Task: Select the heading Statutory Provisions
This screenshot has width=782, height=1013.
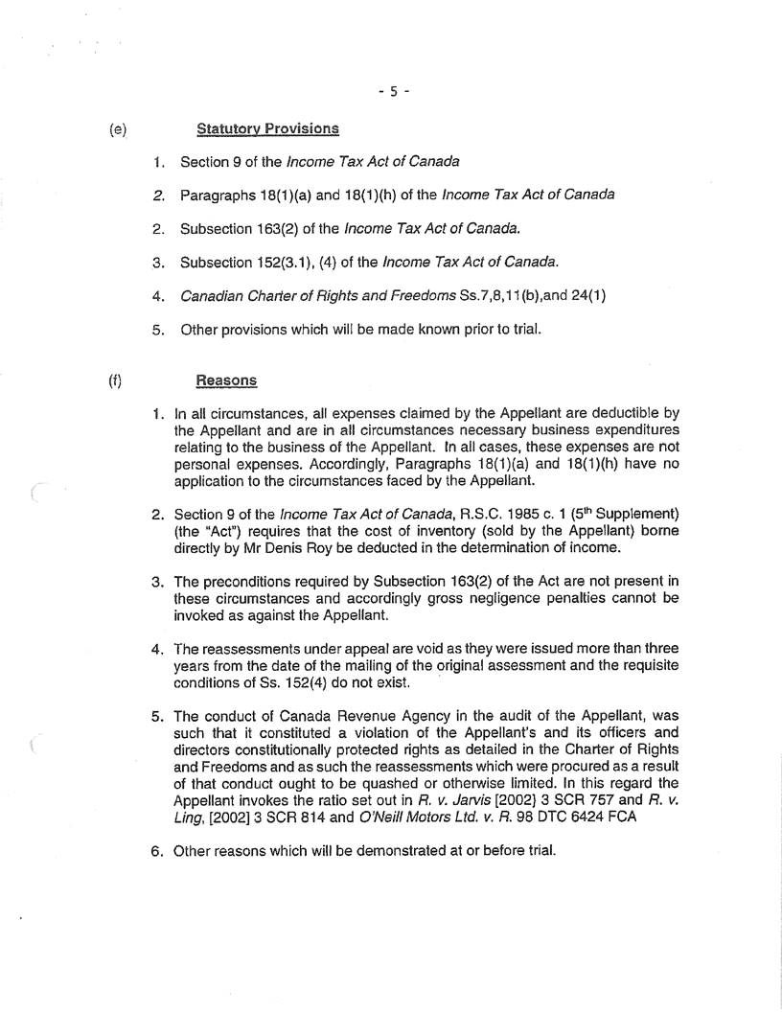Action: (x=267, y=127)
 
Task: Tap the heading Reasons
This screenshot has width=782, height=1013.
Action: (x=226, y=380)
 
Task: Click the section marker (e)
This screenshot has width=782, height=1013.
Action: (x=118, y=127)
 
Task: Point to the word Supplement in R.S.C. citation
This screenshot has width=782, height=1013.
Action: (x=640, y=516)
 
